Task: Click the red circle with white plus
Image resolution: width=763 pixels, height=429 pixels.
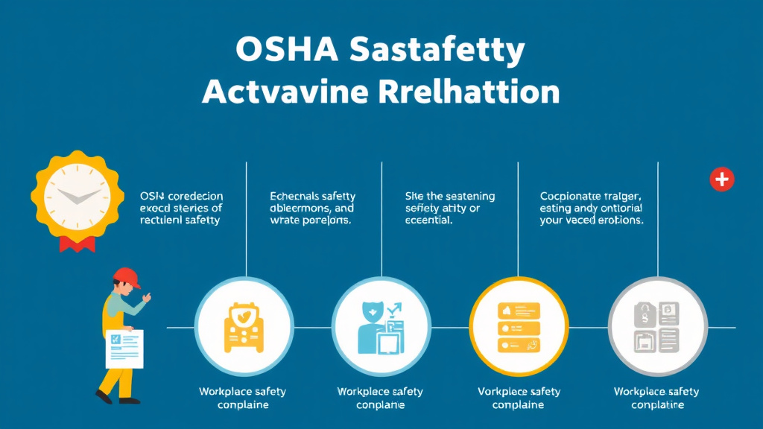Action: coord(721,179)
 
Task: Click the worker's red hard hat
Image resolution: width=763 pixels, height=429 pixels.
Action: coord(127,278)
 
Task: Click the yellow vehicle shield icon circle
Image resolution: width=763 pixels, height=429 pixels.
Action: coord(243,326)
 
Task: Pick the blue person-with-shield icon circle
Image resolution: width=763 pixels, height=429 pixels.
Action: coord(381,326)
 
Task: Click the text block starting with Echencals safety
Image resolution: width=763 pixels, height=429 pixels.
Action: coord(311,209)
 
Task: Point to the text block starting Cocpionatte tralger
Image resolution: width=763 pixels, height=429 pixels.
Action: coord(592,209)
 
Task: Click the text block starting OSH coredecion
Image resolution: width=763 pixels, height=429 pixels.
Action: coord(181,209)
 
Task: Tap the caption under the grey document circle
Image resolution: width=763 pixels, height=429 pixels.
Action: coord(656,398)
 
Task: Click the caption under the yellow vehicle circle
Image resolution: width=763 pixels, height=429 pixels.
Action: coord(242,398)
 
